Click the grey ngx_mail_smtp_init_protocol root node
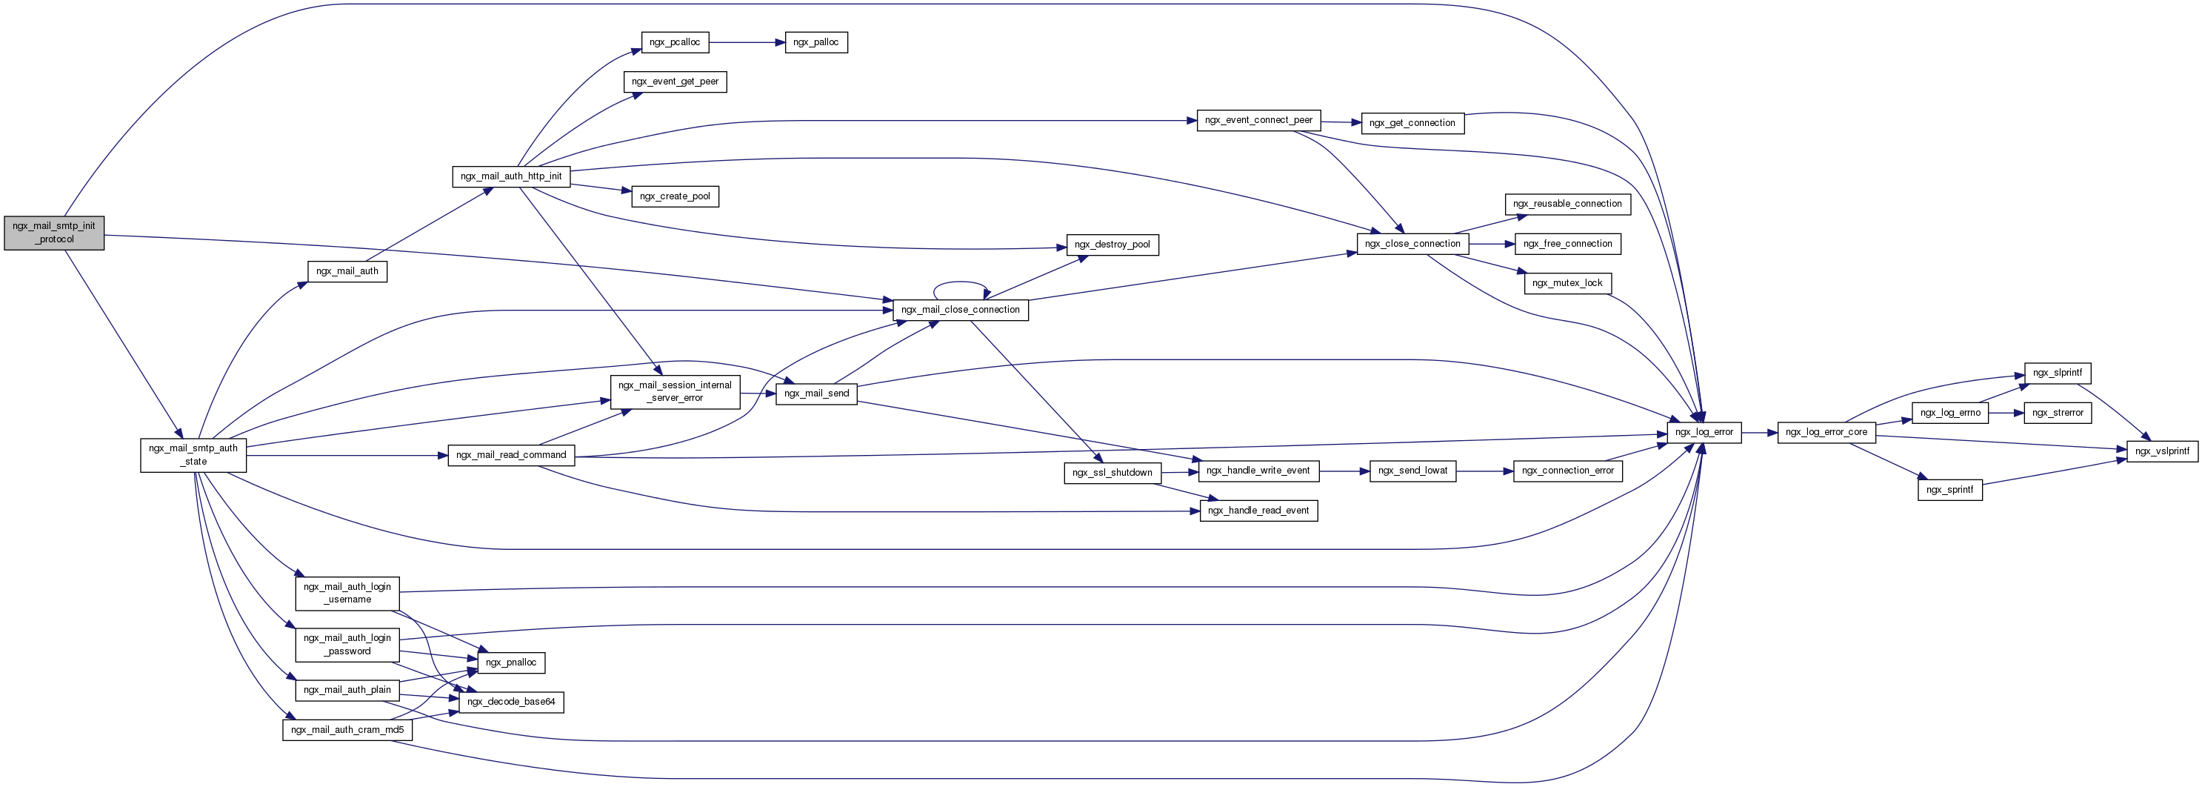pyautogui.click(x=54, y=233)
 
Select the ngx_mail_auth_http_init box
pyautogui.click(x=511, y=176)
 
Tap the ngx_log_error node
pyautogui.click(x=1704, y=432)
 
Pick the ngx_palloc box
pyautogui.click(x=815, y=42)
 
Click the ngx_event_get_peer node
pyautogui.click(x=675, y=82)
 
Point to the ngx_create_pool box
pyautogui.click(x=675, y=196)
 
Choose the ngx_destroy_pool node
pyautogui.click(x=1112, y=245)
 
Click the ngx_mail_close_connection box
pyautogui.click(x=960, y=310)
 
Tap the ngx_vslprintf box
pyautogui.click(x=2162, y=451)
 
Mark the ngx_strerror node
pyautogui.click(x=2058, y=412)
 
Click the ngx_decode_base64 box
pyautogui.click(x=511, y=702)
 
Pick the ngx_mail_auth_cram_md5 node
pyautogui.click(x=347, y=730)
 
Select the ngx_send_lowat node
pyautogui.click(x=1413, y=471)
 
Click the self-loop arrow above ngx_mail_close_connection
pyautogui.click(x=961, y=283)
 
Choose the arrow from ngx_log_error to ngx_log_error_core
pyautogui.click(x=1759, y=433)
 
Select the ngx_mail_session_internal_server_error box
pyautogui.click(x=675, y=391)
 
